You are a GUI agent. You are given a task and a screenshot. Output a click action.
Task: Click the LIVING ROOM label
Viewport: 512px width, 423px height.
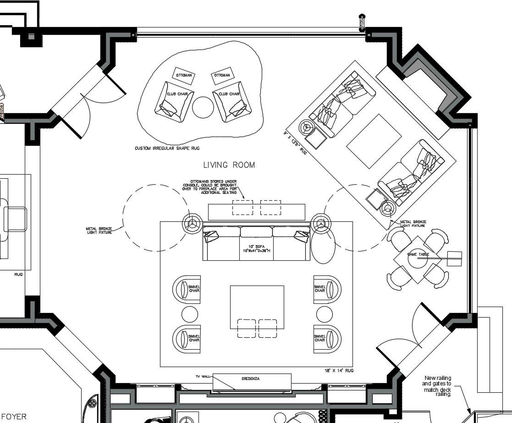229,165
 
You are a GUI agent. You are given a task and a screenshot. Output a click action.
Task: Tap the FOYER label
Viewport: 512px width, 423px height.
14,417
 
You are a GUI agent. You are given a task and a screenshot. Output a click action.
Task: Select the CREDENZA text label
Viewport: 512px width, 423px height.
251,379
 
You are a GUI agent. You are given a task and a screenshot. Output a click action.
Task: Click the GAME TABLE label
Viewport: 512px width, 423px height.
418,254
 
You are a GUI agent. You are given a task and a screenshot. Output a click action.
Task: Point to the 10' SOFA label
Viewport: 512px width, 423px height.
256,249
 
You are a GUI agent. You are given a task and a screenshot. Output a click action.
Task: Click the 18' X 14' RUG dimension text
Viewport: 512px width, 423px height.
339,370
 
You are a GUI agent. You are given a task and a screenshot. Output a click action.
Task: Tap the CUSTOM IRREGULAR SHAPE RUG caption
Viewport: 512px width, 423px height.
167,148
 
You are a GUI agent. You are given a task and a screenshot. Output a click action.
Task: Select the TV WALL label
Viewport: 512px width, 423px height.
203,376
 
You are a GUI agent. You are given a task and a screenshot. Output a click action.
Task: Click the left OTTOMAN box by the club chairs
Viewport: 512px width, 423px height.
184,75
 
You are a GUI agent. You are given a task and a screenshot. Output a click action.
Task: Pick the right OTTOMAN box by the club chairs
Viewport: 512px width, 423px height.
222,75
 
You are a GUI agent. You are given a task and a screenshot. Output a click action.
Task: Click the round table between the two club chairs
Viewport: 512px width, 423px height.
203,107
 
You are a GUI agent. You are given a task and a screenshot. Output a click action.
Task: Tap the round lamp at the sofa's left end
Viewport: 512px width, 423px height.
192,224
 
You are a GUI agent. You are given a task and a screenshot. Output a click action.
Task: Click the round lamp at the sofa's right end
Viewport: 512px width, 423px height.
320,224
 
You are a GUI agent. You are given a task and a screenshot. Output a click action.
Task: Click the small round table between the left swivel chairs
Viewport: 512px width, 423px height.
190,314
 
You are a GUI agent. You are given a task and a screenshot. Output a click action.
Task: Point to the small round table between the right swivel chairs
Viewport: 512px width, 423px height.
324,314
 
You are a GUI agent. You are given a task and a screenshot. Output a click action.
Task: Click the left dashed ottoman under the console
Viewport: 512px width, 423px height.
242,207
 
